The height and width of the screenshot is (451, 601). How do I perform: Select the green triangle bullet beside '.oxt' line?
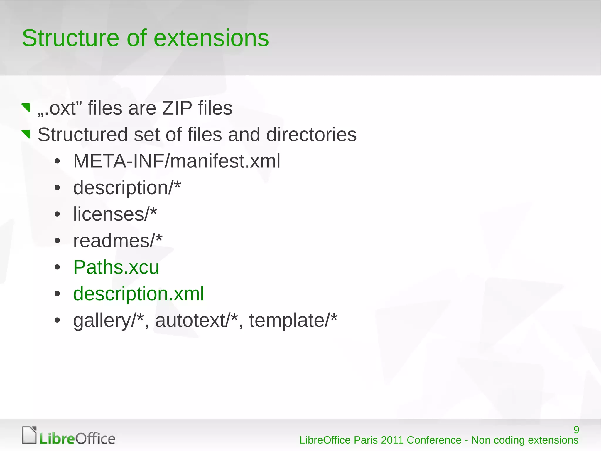pyautogui.click(x=26, y=108)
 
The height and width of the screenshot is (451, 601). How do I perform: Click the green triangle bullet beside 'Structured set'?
pyautogui.click(x=26, y=134)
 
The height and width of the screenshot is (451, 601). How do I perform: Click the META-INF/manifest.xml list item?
pyautogui.click(x=177, y=161)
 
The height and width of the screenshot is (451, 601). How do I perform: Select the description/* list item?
pyautogui.click(x=127, y=187)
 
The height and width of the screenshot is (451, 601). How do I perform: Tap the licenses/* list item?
pyautogui.click(x=115, y=214)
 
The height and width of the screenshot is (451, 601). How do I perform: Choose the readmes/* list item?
pyautogui.click(x=118, y=241)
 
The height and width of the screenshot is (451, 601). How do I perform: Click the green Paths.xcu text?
pyautogui.click(x=116, y=267)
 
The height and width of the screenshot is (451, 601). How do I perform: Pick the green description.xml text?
pyautogui.click(x=138, y=294)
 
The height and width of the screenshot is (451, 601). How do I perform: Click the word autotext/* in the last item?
pyautogui.click(x=196, y=320)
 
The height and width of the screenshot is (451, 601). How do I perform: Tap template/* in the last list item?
pyautogui.click(x=293, y=320)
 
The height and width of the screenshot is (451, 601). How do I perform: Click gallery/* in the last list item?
pyautogui.click(x=108, y=320)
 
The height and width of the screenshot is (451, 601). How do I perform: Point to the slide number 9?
pyautogui.click(x=576, y=430)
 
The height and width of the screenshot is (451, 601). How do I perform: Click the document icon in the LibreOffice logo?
pyautogui.click(x=29, y=435)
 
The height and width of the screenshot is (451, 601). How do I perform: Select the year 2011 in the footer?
pyautogui.click(x=392, y=440)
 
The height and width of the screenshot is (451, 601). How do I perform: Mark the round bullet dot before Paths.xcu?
pyautogui.click(x=57, y=267)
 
